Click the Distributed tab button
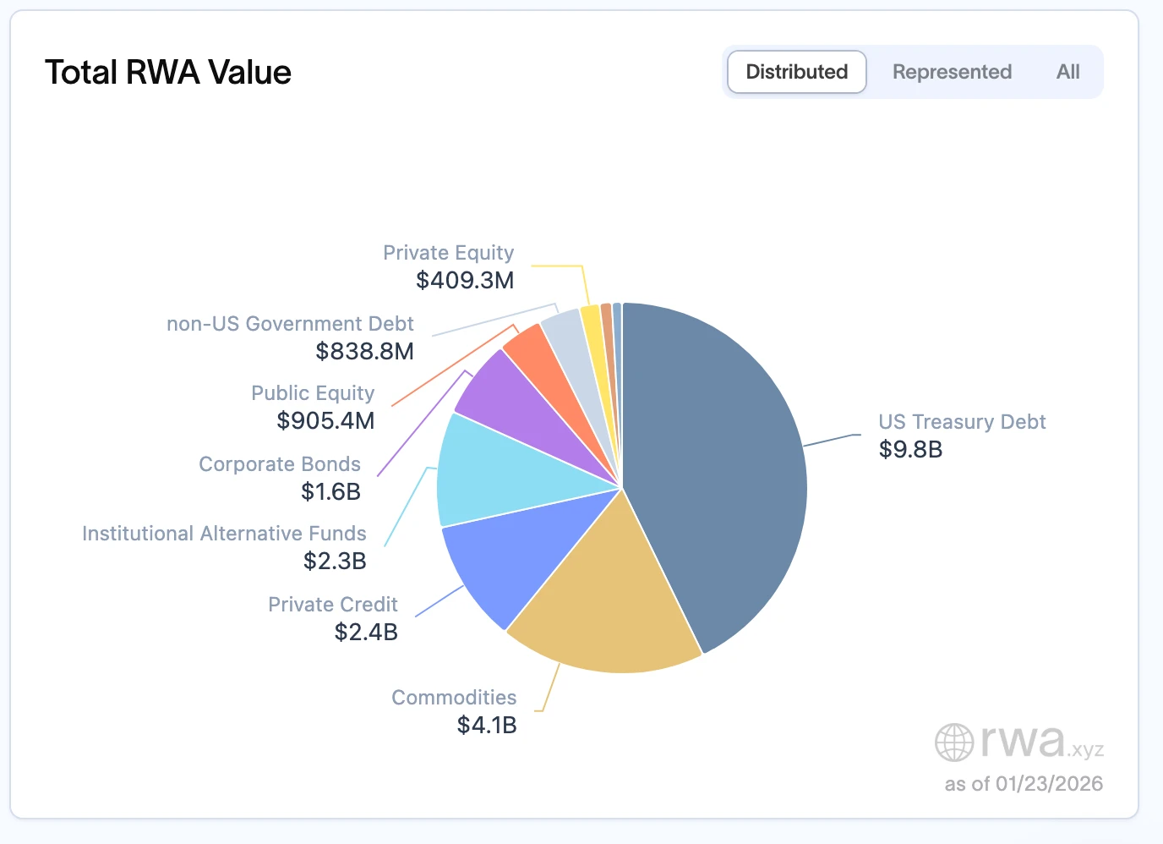[796, 72]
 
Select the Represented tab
[952, 72]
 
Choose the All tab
[1067, 72]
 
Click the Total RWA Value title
[168, 73]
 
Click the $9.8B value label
[910, 449]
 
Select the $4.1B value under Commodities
[487, 725]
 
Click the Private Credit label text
[333, 605]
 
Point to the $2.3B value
[335, 561]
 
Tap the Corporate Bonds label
[280, 464]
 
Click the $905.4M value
[325, 420]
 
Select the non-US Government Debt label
[290, 324]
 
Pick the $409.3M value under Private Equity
[465, 280]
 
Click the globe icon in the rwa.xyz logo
[954, 743]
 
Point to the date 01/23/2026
[1049, 784]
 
